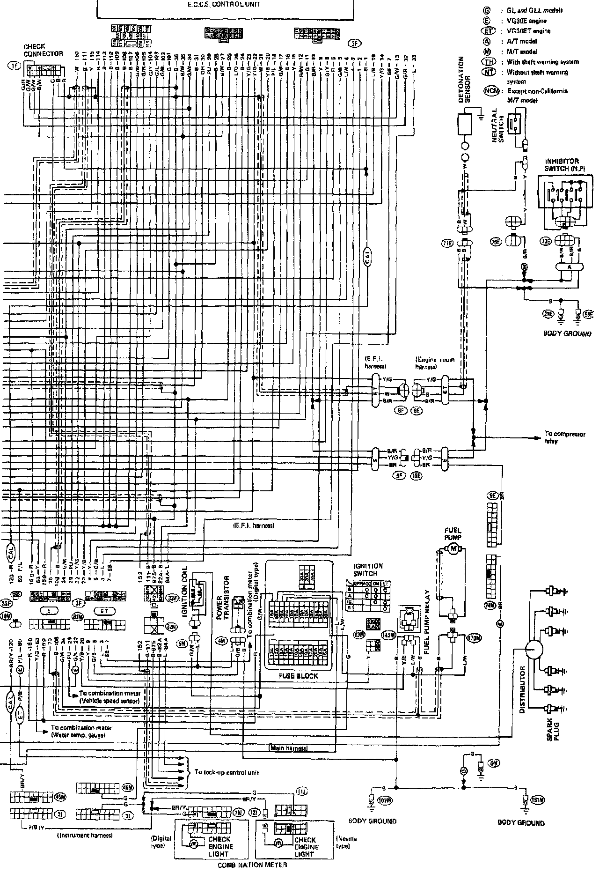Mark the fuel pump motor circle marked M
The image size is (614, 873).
tap(453, 548)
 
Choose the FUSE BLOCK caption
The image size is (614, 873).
tap(298, 676)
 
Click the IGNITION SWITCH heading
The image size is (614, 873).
tap(368, 570)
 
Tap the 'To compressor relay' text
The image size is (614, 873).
tap(564, 437)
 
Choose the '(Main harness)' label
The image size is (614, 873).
tap(288, 748)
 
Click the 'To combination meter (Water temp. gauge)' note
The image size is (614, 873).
tap(81, 732)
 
